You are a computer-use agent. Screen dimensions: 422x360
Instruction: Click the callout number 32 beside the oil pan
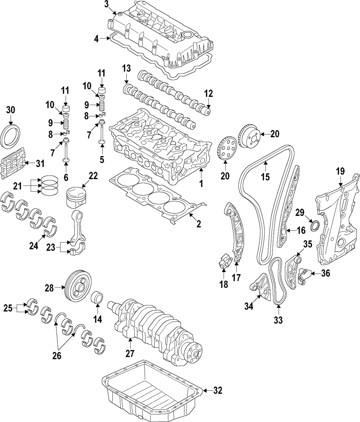coord(218,390)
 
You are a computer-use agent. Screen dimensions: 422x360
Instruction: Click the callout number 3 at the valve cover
coord(107,4)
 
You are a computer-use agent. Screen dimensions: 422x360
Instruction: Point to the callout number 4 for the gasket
coord(96,38)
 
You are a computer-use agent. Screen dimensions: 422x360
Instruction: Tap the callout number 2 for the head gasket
coord(199,224)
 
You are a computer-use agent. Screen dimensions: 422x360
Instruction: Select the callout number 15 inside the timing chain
coord(265,177)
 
